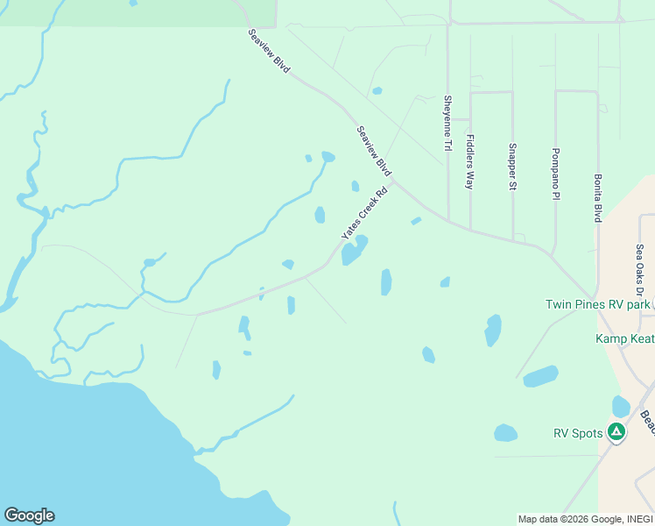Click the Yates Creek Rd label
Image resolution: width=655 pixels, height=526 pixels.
(363, 214)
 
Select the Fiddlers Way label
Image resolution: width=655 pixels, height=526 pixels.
(470, 161)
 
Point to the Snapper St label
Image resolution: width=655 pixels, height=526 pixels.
(512, 167)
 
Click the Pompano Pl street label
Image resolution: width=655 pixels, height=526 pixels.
(555, 174)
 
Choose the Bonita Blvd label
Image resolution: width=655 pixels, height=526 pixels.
(597, 196)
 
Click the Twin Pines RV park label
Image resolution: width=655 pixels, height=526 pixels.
(599, 304)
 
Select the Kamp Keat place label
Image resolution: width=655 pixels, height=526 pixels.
(624, 338)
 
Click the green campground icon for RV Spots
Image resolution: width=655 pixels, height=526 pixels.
(616, 431)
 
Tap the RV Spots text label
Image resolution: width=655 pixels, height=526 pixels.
(579, 433)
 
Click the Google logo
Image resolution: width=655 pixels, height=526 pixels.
(29, 515)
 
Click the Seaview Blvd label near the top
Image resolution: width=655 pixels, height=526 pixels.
(269, 50)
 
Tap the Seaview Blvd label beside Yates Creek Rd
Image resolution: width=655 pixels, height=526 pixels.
(374, 151)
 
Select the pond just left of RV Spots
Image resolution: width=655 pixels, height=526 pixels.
(505, 433)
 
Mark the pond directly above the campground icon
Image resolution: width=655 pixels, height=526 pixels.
(621, 406)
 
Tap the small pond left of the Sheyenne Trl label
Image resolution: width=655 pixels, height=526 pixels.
(377, 90)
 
